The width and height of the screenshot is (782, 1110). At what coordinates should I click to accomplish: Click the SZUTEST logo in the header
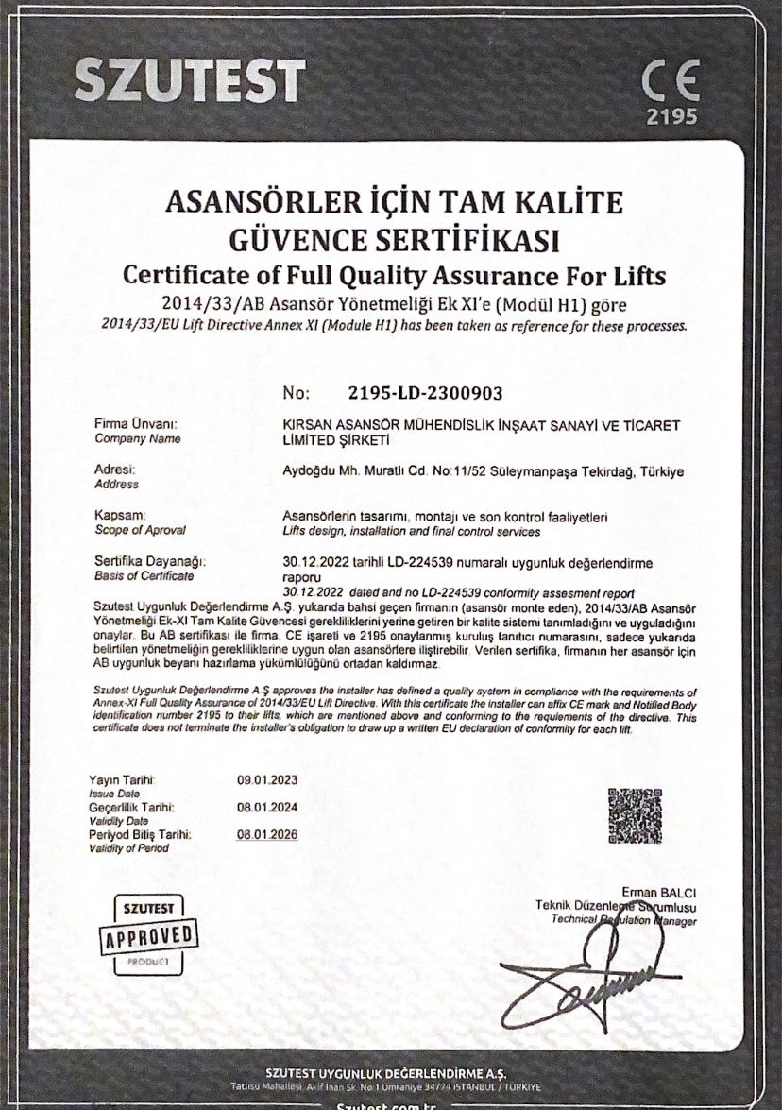tap(191, 80)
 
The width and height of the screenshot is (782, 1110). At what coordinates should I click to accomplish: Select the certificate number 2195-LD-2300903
tap(425, 391)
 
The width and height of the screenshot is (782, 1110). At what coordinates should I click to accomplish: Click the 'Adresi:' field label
tap(115, 470)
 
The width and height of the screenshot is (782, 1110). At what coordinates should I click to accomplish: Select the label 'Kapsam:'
tap(120, 515)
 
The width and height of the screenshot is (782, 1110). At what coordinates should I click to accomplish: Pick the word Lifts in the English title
tap(636, 277)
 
